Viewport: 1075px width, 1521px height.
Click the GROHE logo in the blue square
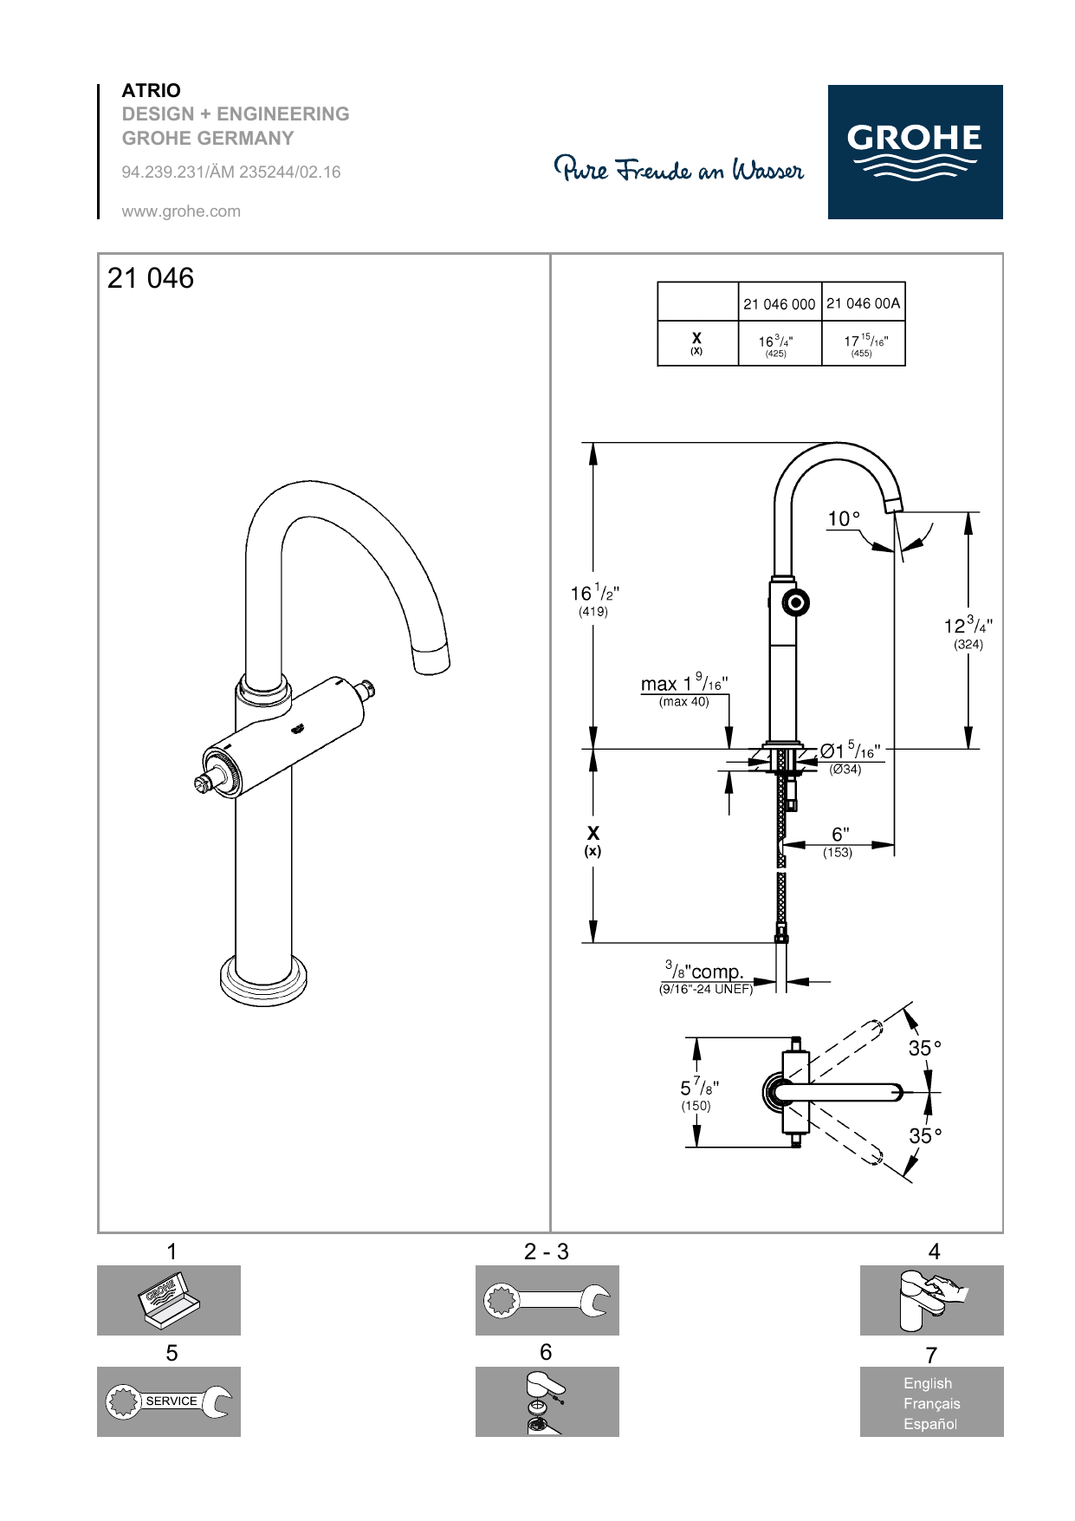click(914, 151)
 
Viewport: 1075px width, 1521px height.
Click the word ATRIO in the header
click(151, 90)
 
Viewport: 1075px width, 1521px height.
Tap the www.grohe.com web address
click(181, 211)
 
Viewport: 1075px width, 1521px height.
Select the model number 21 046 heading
click(151, 278)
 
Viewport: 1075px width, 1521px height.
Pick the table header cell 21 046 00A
click(863, 303)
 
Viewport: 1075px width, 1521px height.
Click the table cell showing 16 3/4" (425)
click(776, 345)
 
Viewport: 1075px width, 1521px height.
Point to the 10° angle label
click(844, 519)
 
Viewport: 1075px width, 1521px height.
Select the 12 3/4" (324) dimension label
click(968, 631)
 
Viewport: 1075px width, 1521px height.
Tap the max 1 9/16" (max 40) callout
click(684, 691)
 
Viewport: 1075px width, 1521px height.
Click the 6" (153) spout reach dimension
click(839, 841)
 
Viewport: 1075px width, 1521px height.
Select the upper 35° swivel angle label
click(924, 1049)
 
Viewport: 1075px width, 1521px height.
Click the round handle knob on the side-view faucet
click(796, 601)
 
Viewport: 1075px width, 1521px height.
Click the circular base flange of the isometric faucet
click(263, 982)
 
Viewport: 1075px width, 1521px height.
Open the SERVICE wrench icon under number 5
click(169, 1401)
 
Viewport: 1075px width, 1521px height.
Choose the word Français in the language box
click(931, 1403)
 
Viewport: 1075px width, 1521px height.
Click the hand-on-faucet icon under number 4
click(931, 1300)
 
